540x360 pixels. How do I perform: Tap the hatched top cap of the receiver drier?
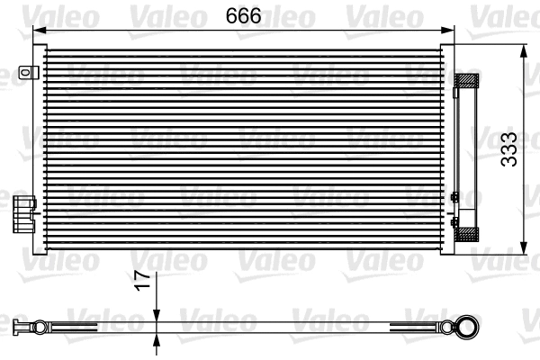tap(468, 80)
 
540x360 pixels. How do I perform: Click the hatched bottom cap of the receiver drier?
tap(468, 233)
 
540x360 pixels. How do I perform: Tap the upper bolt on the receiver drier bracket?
tap(454, 197)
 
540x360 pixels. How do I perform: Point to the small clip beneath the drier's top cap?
tap(458, 92)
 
